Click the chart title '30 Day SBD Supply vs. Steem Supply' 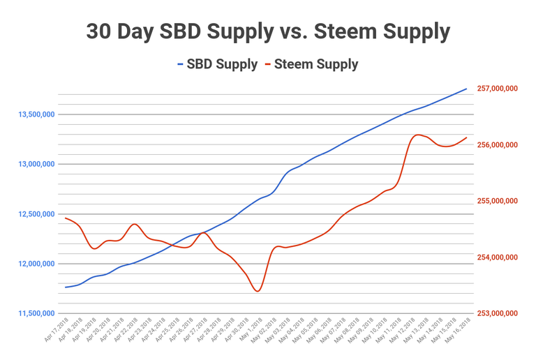[x=268, y=31]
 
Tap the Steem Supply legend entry [x=311, y=65]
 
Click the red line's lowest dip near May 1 [x=258, y=291]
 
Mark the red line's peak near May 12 [x=418, y=135]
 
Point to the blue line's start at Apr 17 [x=66, y=287]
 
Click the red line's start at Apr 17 [x=66, y=218]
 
